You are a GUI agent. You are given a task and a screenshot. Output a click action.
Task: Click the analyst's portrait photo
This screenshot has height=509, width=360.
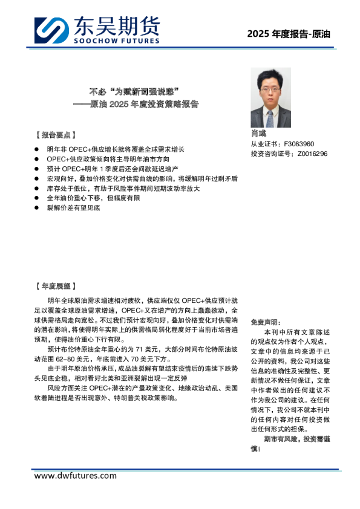click(272, 97)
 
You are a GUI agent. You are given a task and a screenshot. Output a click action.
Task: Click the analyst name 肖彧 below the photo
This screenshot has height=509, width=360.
click(258, 134)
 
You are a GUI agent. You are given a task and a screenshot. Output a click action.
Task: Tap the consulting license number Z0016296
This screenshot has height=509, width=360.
click(312, 154)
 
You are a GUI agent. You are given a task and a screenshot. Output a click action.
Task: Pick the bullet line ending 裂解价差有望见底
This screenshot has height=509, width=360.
click(73, 207)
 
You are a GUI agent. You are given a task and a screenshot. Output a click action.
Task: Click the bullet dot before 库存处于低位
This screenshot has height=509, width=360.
click(38, 188)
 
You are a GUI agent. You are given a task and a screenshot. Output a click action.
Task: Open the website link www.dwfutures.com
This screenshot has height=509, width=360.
click(76, 476)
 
